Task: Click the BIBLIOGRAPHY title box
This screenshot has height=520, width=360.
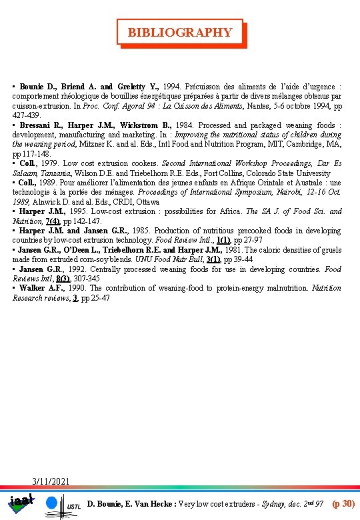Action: pyautogui.click(x=180, y=32)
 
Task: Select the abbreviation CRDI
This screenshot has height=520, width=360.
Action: pyautogui.click(x=127, y=201)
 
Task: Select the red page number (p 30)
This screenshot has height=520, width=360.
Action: pyautogui.click(x=343, y=502)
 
